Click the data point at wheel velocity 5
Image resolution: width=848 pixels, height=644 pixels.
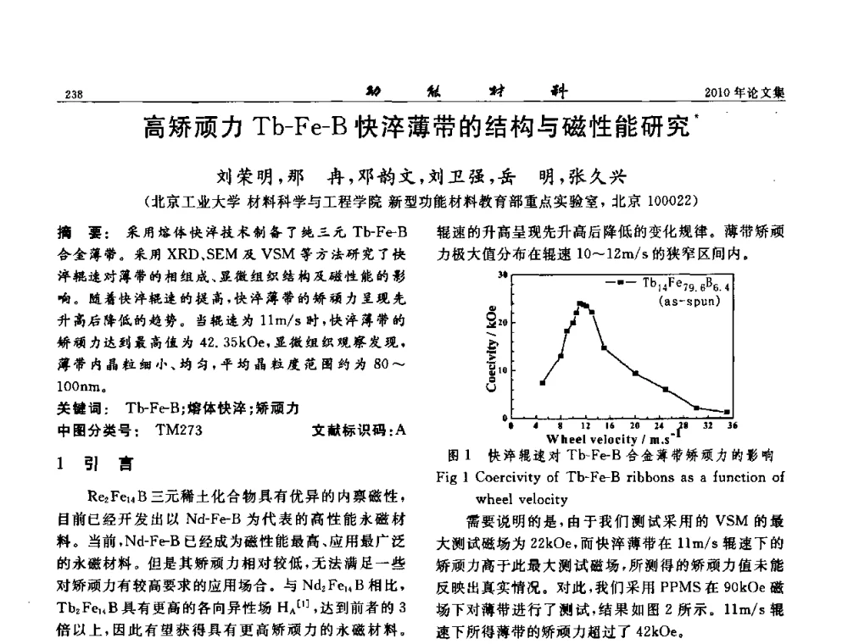543,383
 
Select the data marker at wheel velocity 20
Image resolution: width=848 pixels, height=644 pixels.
635,373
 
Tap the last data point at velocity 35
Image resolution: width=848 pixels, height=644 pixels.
727,412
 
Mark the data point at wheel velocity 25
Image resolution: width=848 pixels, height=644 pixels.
666,389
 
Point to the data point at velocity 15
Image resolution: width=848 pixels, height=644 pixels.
603,347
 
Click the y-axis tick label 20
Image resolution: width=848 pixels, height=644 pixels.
502,324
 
